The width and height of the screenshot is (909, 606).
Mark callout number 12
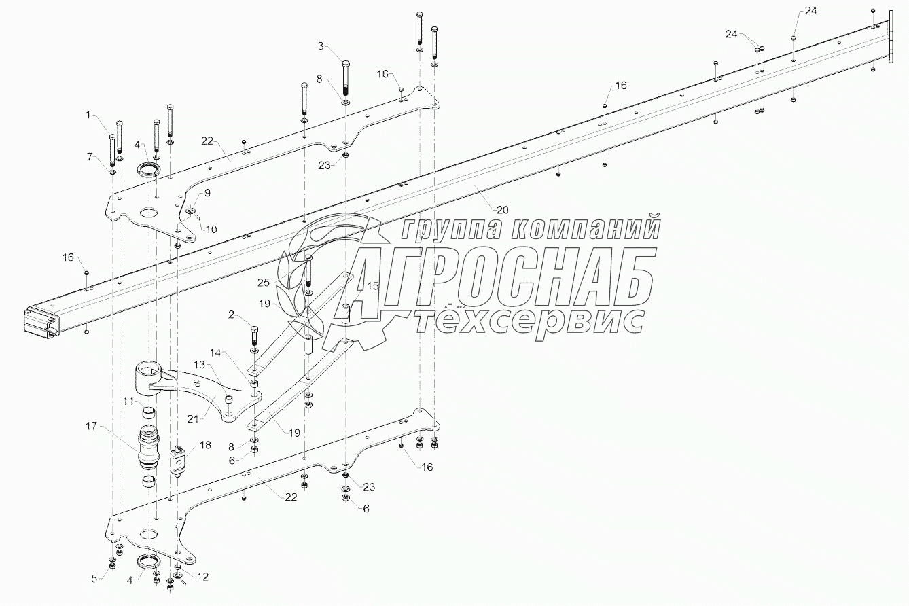point(202,577)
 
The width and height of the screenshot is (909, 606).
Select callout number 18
point(204,445)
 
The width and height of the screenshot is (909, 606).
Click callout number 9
point(207,193)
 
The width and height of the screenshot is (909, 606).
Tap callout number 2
point(232,315)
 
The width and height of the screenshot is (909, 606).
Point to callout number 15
point(373,287)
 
